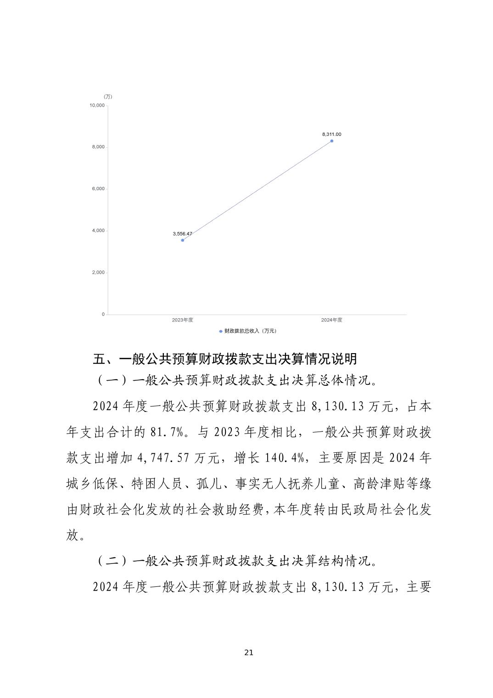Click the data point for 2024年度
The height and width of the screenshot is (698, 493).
(x=331, y=141)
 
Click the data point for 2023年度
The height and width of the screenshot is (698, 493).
(x=183, y=240)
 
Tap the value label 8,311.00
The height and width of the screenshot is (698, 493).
(x=331, y=134)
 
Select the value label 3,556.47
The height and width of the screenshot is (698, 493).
(x=182, y=234)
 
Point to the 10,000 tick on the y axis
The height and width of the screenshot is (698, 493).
(x=97, y=105)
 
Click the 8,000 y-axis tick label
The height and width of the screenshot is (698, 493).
(x=98, y=147)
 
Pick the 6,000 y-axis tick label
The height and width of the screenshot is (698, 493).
(x=98, y=189)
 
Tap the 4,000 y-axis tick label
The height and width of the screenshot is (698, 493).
(x=98, y=231)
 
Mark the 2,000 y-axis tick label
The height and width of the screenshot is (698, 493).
(x=98, y=272)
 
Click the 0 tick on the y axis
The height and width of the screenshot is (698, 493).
(x=103, y=314)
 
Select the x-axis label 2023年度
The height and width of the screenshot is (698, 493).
(x=182, y=320)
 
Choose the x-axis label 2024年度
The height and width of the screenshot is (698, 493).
(x=331, y=320)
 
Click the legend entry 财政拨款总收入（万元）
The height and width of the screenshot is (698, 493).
(x=248, y=331)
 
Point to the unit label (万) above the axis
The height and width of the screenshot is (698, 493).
(x=108, y=96)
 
